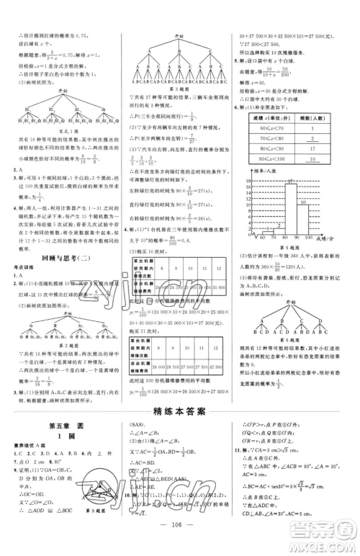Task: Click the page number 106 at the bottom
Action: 181,543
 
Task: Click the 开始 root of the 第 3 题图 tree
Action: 176,34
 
